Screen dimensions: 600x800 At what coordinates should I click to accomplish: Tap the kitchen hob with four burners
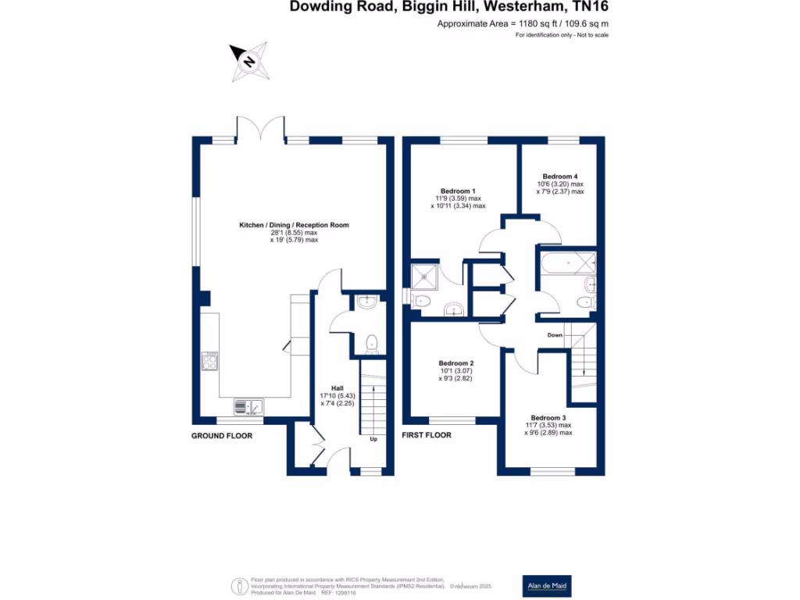210,361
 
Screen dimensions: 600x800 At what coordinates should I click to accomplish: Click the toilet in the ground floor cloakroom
373,342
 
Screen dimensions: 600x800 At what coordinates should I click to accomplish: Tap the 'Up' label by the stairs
373,438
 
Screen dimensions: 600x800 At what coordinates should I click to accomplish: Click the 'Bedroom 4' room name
560,177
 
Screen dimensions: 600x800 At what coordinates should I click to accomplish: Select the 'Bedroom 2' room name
456,363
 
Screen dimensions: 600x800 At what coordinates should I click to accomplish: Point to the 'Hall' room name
337,388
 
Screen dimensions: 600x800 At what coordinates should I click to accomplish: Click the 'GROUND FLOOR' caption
222,435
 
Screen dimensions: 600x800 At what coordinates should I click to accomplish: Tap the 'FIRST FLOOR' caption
427,435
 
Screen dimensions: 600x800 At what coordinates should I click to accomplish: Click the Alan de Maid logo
545,585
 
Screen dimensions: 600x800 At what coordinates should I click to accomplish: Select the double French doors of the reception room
261,128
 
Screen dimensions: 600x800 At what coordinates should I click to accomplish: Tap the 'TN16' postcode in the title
591,7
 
